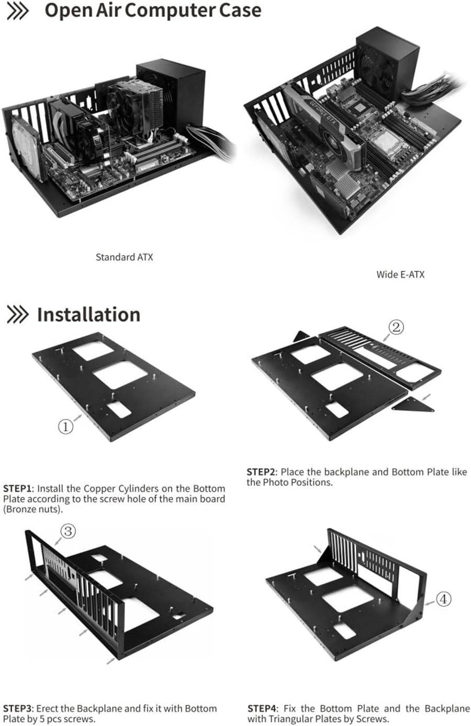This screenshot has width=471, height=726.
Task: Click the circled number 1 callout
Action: [65, 427]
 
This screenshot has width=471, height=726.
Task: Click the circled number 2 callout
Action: [396, 327]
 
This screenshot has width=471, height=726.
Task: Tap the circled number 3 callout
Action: [68, 532]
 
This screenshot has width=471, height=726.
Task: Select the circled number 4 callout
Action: [443, 599]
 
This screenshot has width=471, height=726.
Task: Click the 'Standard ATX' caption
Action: [124, 257]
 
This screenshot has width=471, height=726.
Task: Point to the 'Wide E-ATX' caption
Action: [400, 274]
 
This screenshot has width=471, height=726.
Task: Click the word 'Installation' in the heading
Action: [88, 315]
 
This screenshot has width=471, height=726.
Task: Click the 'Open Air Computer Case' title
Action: [152, 10]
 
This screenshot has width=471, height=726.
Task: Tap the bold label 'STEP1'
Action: [18, 489]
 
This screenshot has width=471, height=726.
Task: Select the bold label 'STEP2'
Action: [262, 472]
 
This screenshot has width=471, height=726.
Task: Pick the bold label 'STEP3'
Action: [18, 709]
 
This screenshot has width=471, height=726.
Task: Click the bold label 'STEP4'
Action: [262, 709]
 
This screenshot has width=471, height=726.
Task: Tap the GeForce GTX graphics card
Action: [324, 128]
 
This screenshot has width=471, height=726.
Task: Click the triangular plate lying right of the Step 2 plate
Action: [413, 405]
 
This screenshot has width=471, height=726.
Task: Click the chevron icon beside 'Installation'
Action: [17, 315]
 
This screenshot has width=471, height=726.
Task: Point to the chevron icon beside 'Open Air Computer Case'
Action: [17, 11]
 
